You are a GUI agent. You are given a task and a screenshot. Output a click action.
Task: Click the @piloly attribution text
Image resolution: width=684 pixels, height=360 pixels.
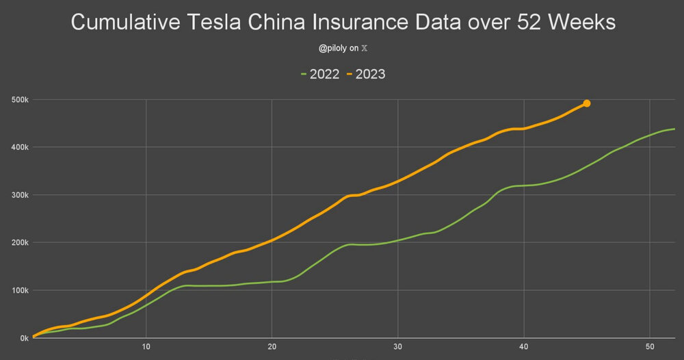(x=334, y=49)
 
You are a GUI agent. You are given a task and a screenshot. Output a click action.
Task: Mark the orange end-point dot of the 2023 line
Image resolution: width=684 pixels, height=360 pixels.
(x=586, y=103)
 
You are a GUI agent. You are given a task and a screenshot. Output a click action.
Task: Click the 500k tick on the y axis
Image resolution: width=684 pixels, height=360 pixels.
(x=19, y=100)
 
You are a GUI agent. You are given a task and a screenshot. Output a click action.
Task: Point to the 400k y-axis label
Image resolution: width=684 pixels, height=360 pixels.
(x=19, y=147)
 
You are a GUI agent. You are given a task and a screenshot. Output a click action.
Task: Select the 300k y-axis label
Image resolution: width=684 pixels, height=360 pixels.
(x=19, y=195)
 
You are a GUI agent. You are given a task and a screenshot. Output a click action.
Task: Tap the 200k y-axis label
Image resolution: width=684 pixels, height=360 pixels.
(x=19, y=242)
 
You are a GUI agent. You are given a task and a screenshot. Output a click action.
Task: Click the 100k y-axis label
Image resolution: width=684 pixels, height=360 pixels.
(x=19, y=290)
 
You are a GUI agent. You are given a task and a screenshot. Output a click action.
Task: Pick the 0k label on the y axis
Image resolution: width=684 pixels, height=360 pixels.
(x=23, y=338)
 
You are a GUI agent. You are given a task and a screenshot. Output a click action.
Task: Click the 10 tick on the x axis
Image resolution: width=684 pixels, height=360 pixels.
(x=146, y=346)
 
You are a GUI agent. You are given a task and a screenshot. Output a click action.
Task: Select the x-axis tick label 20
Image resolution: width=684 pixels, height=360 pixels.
(x=272, y=346)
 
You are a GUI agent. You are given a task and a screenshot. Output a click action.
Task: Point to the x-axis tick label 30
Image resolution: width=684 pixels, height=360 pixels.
(x=398, y=346)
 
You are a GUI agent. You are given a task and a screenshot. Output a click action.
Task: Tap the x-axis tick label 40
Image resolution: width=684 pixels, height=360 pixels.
(x=523, y=346)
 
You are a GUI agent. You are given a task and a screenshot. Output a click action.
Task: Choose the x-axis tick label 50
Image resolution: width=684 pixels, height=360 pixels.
(x=649, y=346)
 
